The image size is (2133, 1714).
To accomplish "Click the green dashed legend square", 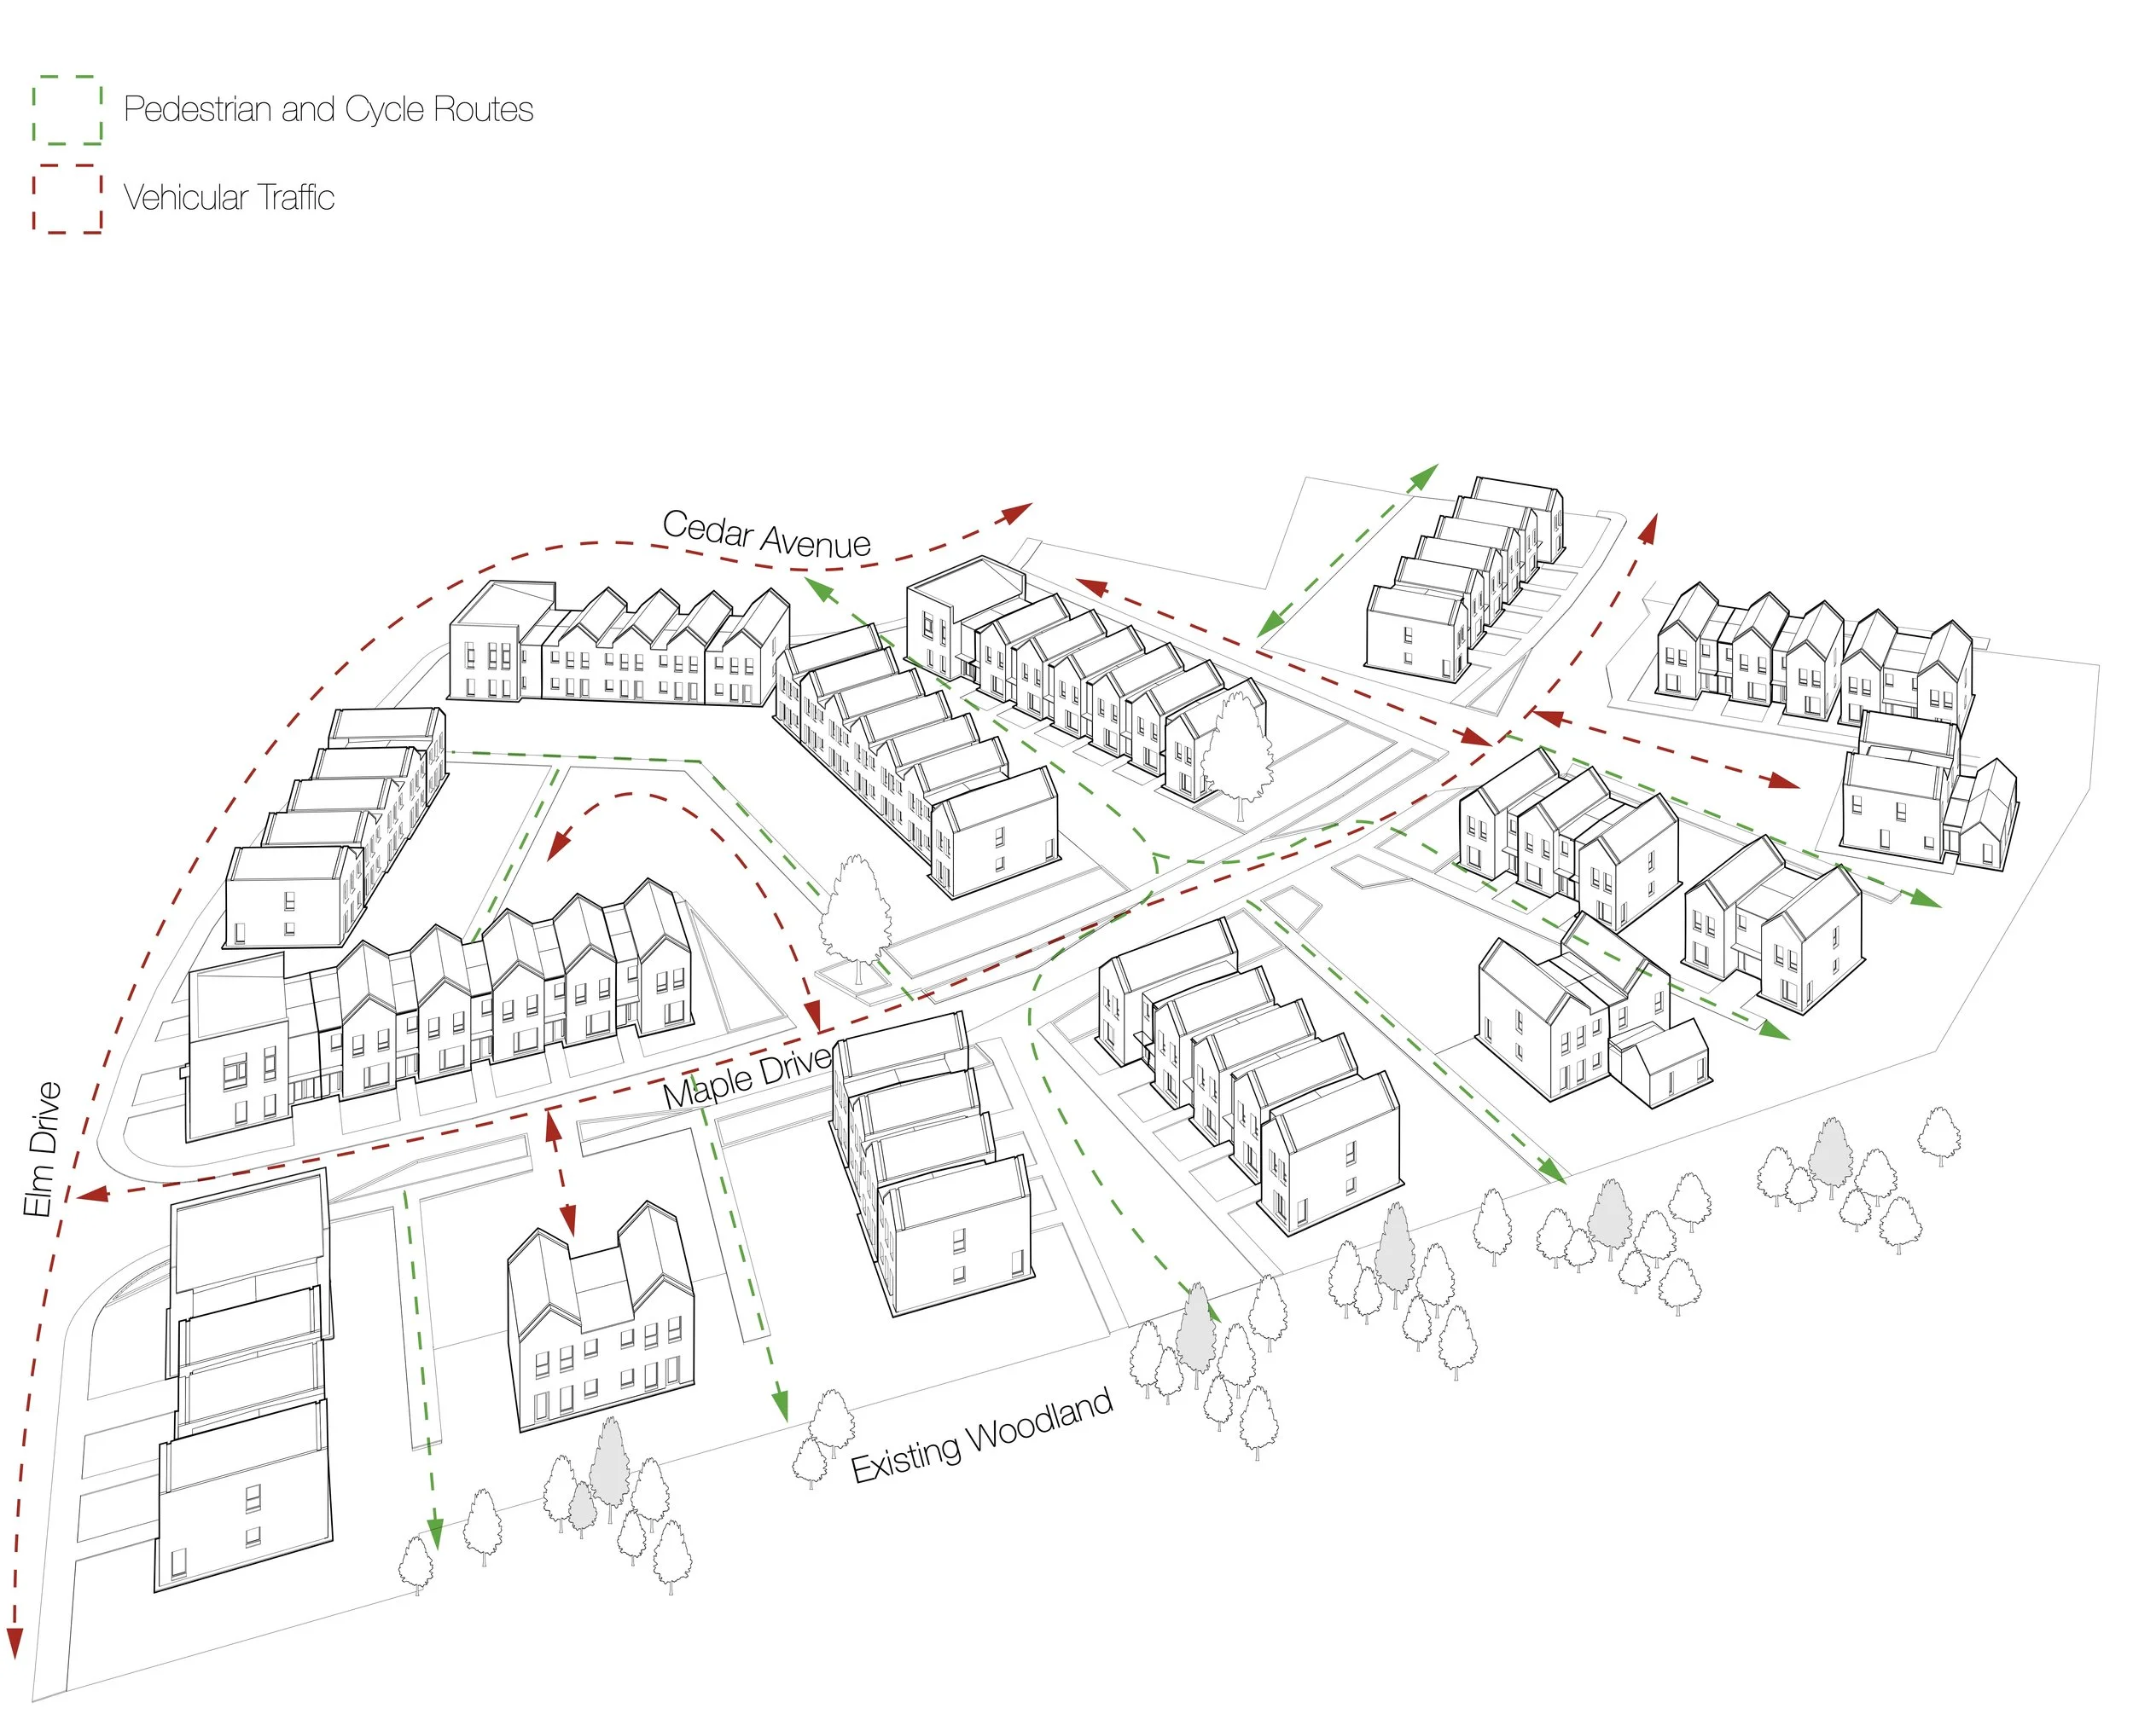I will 67,110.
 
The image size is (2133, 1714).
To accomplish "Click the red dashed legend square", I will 67,199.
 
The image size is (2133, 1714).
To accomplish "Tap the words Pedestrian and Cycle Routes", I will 328,110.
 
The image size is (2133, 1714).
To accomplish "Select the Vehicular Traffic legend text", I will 229,198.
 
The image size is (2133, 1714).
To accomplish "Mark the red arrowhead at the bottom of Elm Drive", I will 14,1644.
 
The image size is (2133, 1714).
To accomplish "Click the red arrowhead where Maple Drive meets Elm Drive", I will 92,1196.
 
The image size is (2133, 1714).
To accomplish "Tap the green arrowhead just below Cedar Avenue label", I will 818,589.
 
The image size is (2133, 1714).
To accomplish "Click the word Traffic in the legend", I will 296,198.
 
